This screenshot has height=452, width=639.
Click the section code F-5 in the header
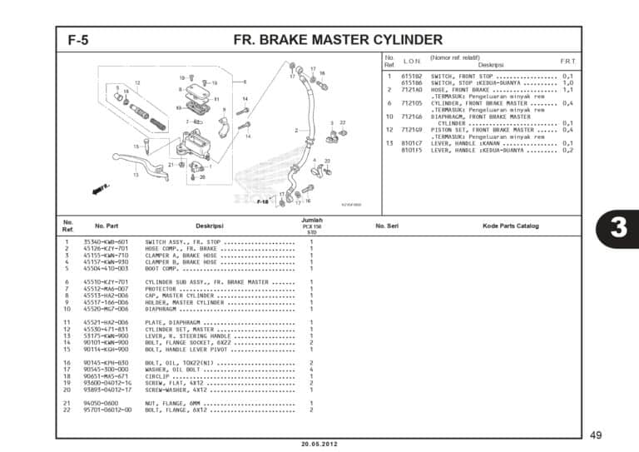(78, 40)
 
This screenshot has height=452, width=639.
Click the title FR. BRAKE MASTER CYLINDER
(338, 40)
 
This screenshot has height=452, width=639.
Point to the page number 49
(596, 435)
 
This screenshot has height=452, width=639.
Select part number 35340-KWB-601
(106, 241)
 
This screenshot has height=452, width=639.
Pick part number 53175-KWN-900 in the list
(106, 335)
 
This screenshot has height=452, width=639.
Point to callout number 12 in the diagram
(136, 83)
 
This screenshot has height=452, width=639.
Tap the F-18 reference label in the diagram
(262, 201)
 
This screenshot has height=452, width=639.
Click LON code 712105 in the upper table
(413, 103)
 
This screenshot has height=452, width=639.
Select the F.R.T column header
(567, 62)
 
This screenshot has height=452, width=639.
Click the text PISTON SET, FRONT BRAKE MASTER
(482, 130)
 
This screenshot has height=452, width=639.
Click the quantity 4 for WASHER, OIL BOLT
(311, 369)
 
